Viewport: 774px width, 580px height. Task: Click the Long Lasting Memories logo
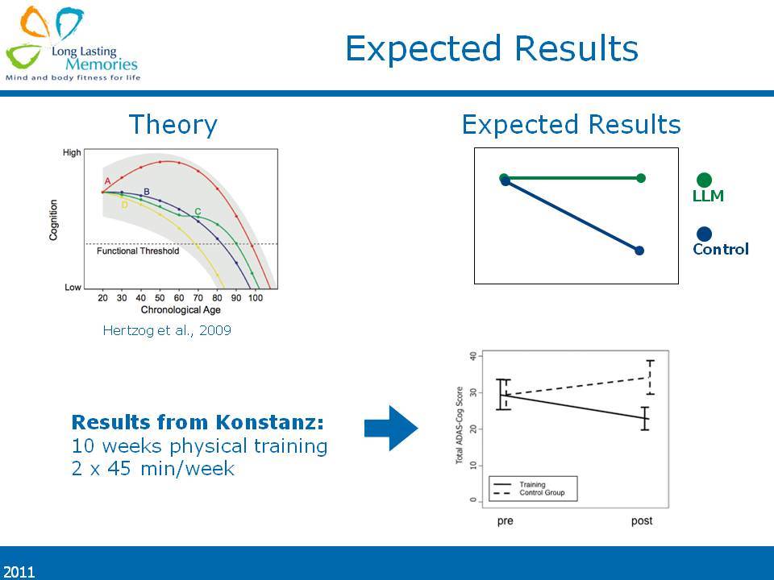coord(72,43)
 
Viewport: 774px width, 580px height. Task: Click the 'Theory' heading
coord(173,125)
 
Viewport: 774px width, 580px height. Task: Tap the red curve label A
coord(107,181)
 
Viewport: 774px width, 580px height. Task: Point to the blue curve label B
coord(146,192)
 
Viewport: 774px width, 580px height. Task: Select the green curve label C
coord(198,212)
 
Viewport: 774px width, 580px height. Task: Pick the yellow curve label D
coord(124,205)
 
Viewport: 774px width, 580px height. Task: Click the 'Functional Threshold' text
coord(138,251)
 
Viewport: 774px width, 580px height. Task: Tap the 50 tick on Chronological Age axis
coord(160,298)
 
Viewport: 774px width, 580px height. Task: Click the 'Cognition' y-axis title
coord(53,220)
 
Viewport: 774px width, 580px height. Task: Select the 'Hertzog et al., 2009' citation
coord(167,330)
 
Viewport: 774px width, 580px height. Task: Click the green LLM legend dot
coord(704,180)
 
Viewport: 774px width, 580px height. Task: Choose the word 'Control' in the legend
coord(721,249)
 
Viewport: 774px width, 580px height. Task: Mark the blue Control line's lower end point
coord(639,251)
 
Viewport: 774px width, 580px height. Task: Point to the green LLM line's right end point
coord(641,178)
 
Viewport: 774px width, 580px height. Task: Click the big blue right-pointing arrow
coord(391,428)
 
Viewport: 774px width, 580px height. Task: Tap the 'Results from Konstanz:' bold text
coord(198,422)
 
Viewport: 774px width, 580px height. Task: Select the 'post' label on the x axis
coord(642,521)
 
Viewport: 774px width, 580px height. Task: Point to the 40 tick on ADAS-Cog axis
coord(473,356)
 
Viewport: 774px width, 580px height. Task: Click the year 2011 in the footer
coord(19,572)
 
